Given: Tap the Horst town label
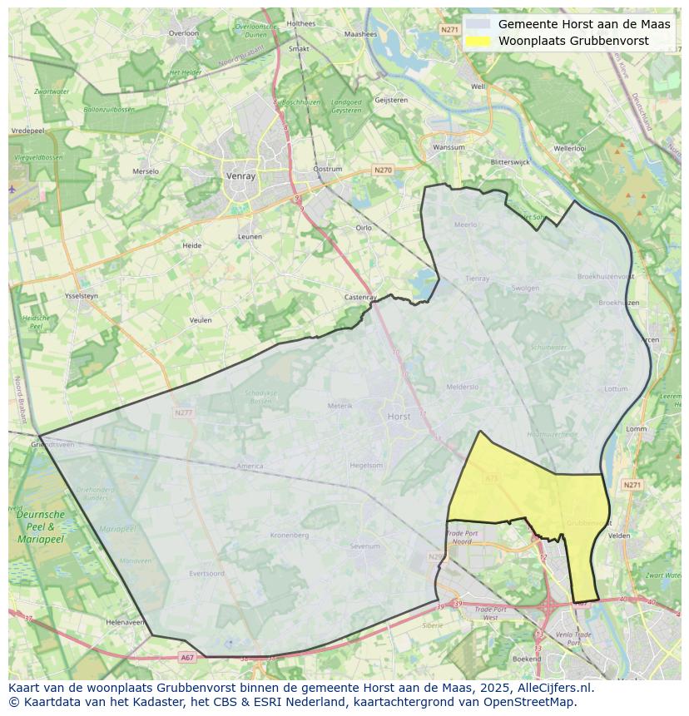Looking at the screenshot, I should pyautogui.click(x=399, y=415).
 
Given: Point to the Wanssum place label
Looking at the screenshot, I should pyautogui.click(x=449, y=147).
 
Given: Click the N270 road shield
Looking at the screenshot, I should pyautogui.click(x=383, y=170).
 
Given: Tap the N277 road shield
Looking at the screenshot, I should pyautogui.click(x=183, y=412).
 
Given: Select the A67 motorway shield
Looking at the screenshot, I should pyautogui.click(x=187, y=657).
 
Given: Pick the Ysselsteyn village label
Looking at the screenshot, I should pyautogui.click(x=82, y=296).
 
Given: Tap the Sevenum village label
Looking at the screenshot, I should pyautogui.click(x=364, y=546).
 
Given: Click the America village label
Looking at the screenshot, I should pyautogui.click(x=250, y=467).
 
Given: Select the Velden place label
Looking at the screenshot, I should pyautogui.click(x=620, y=536).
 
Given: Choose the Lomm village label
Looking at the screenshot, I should pyautogui.click(x=636, y=429).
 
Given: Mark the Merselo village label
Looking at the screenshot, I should pyautogui.click(x=146, y=171).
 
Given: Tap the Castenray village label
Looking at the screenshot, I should pyautogui.click(x=361, y=297).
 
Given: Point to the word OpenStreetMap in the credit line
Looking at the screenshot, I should pyautogui.click(x=533, y=702).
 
